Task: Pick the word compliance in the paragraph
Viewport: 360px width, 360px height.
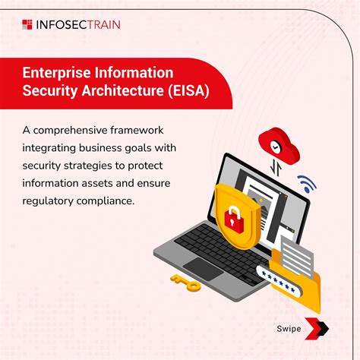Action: (112, 201)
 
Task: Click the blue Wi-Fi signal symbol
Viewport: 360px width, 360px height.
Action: (306, 183)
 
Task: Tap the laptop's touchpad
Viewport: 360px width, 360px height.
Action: (204, 267)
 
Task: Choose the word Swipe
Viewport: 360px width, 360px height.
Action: (288, 329)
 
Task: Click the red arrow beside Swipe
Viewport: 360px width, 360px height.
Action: (320, 329)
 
